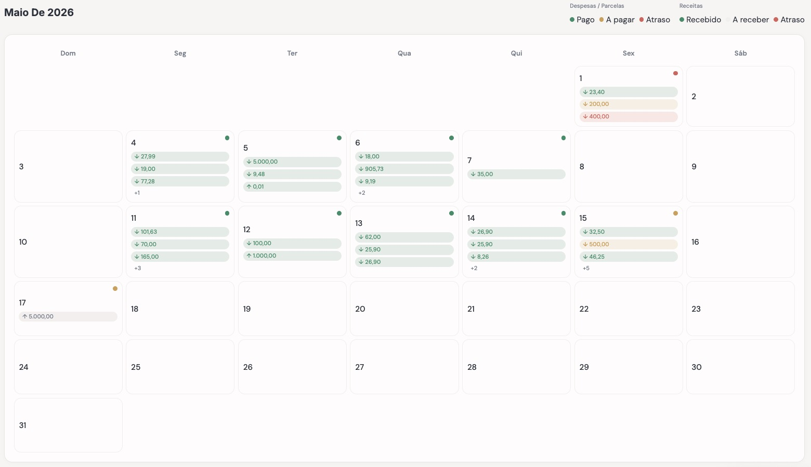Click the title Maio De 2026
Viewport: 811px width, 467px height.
(x=39, y=12)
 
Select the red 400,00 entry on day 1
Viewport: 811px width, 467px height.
(x=628, y=116)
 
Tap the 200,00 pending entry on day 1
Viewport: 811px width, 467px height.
(x=628, y=104)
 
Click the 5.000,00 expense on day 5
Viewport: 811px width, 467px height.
(x=292, y=162)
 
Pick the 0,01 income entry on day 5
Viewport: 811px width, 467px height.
(x=292, y=186)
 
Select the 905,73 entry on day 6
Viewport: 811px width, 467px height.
(x=404, y=169)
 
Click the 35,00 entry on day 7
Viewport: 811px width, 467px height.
(x=516, y=174)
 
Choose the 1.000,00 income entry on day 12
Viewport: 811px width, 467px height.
(x=292, y=256)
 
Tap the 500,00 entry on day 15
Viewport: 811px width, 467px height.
(x=628, y=244)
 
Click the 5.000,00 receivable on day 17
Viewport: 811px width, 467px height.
(x=68, y=316)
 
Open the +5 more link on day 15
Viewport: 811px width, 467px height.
(x=586, y=268)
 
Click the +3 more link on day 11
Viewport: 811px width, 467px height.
(x=138, y=268)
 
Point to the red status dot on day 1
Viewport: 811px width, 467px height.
(x=675, y=73)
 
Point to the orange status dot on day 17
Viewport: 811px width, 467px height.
(x=115, y=289)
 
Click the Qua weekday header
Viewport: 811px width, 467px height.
(x=404, y=53)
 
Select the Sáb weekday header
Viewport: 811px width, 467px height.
(x=740, y=53)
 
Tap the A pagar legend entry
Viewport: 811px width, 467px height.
(x=617, y=20)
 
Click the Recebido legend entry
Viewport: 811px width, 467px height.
(x=700, y=20)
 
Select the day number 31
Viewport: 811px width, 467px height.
(x=22, y=425)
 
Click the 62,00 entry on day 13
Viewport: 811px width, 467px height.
(x=404, y=237)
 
